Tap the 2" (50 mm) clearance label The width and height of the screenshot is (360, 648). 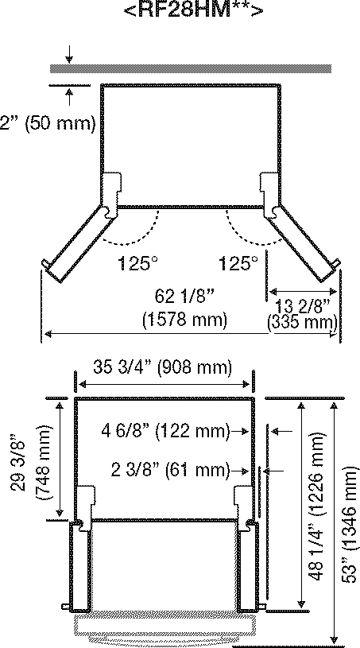[x=48, y=123]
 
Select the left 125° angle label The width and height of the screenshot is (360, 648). [x=138, y=263]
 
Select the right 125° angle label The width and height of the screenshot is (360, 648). [x=238, y=263]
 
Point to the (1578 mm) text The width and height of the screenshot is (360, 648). [x=184, y=320]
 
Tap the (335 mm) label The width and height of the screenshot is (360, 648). [x=302, y=321]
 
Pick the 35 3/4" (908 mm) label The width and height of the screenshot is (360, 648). [x=161, y=367]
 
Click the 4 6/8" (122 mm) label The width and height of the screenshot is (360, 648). [x=165, y=431]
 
